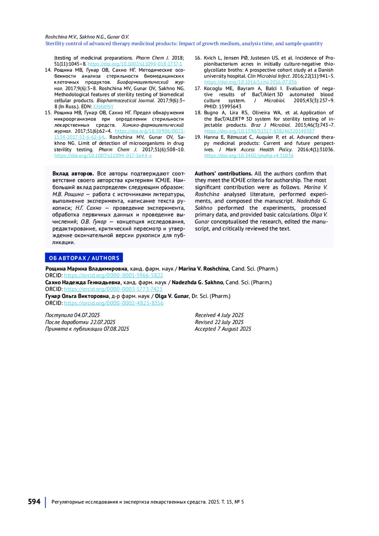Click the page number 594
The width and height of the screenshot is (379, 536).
(34, 502)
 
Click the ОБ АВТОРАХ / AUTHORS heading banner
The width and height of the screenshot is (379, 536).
(84, 258)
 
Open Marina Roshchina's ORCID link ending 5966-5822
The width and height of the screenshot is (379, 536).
(113, 275)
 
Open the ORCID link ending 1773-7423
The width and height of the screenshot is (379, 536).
(113, 289)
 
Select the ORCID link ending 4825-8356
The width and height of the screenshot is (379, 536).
(113, 303)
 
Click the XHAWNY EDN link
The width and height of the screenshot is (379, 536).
(103, 107)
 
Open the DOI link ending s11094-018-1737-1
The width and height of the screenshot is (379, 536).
(135, 64)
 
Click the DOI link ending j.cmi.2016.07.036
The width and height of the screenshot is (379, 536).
(250, 82)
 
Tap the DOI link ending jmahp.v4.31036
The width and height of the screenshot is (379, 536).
(249, 156)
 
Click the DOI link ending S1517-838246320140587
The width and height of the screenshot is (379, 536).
(259, 131)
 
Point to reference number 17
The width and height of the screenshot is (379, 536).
(198, 88)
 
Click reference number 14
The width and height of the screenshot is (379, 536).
(48, 70)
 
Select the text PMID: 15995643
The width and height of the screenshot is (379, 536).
(223, 107)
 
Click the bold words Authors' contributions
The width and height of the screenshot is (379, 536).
(223, 173)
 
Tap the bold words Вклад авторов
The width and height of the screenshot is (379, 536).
(73, 173)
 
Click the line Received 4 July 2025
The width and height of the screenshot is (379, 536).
(219, 315)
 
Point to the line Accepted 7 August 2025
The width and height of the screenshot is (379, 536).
(223, 329)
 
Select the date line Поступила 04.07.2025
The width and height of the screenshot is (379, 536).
(72, 315)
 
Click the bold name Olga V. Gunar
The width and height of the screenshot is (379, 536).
(172, 296)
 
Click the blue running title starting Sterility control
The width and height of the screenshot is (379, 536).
(184, 44)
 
